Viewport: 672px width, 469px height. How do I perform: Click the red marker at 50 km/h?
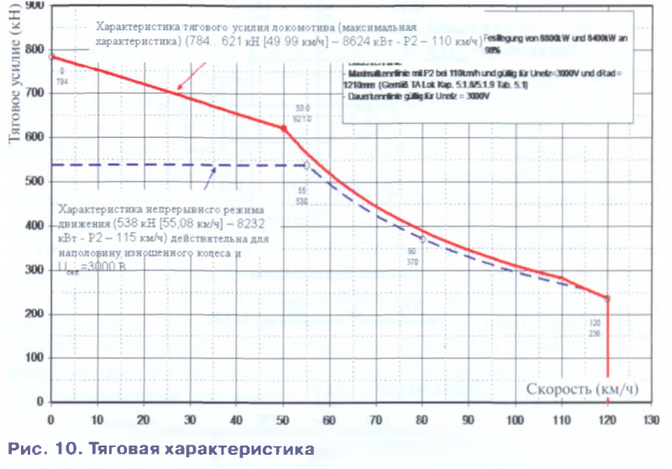(284, 129)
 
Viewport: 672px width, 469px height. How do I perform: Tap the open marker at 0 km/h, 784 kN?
(51, 56)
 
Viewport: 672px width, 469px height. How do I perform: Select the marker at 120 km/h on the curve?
(606, 298)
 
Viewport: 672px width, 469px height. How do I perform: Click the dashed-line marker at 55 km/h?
(307, 166)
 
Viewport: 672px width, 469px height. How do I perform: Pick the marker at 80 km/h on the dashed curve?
(423, 239)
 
